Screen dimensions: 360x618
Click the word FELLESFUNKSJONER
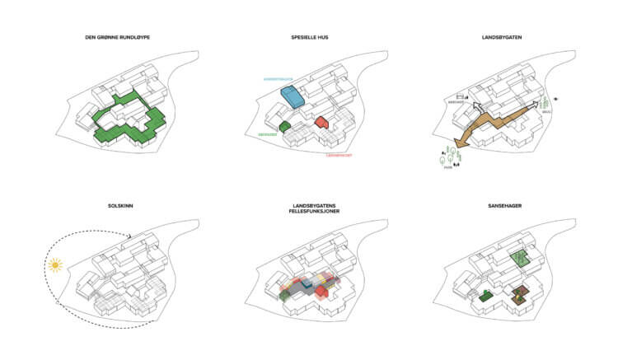tap(309, 212)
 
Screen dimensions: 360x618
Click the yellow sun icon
tap(55, 265)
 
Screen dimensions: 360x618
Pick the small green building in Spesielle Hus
tap(285, 126)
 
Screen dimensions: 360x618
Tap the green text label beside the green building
tap(267, 134)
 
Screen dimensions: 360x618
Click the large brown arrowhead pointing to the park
tap(456, 143)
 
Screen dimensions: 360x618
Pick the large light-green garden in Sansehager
tap(519, 258)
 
